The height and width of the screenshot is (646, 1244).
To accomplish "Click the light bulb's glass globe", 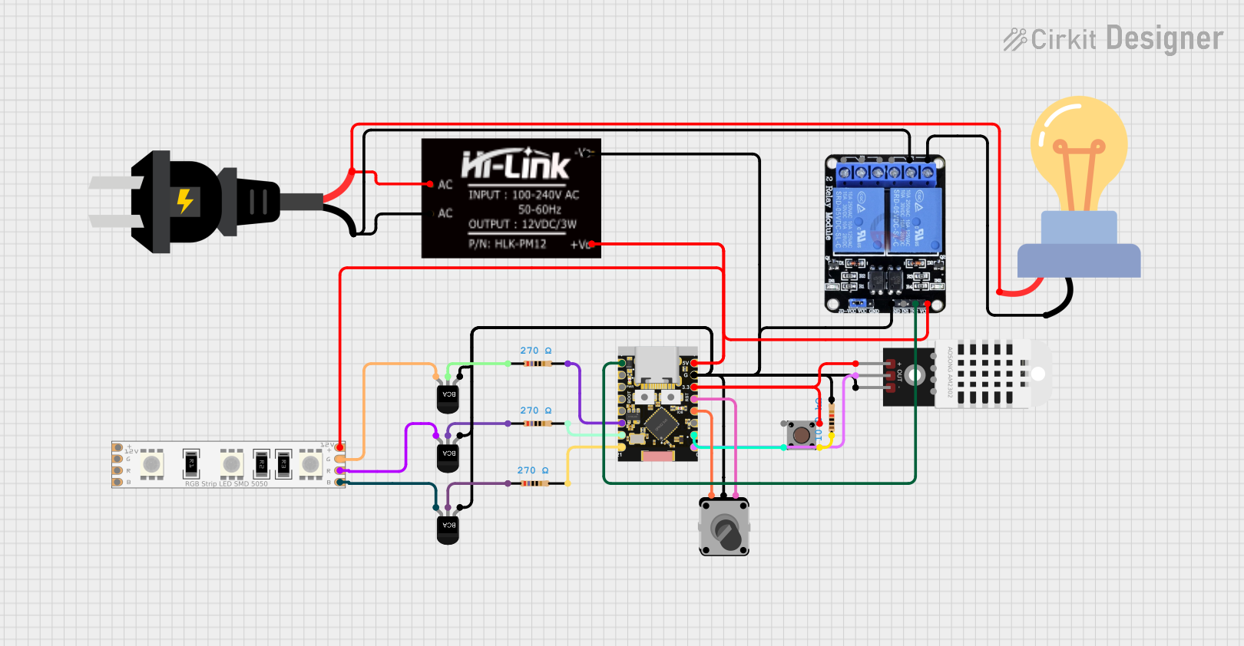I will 1079,146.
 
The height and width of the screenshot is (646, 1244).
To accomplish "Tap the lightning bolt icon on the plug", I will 185,201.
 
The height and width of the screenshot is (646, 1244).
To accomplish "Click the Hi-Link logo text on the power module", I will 515,164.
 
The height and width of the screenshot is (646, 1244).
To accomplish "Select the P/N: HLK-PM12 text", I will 508,244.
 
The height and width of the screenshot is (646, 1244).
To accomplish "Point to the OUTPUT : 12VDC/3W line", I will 522,224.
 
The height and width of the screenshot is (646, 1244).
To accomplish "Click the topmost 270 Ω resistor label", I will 535,351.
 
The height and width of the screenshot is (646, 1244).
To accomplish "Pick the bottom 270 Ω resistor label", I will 532,470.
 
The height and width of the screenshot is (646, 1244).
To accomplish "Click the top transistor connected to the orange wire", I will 448,396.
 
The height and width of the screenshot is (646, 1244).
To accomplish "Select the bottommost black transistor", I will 448,527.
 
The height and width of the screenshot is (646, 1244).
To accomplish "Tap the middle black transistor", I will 448,456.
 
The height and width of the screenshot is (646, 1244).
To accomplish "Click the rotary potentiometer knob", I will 726,529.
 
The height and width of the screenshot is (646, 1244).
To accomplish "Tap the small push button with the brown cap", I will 802,435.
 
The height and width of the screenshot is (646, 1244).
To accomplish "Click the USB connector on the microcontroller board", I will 656,364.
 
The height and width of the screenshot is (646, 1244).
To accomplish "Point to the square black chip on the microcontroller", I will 660,424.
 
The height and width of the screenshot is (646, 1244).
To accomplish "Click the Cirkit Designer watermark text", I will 1113,38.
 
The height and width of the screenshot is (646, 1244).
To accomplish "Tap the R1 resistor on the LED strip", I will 190,463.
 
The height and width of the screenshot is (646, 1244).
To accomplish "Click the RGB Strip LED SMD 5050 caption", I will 227,484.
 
